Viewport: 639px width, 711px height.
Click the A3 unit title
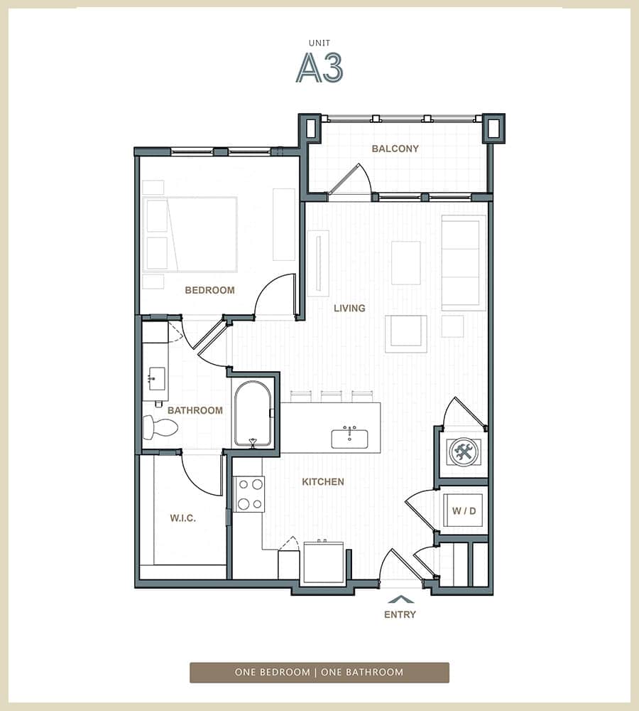pyautogui.click(x=319, y=68)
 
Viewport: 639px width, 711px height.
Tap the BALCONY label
pyautogui.click(x=395, y=149)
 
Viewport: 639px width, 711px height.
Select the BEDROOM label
pyautogui.click(x=209, y=290)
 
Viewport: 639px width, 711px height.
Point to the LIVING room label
pyautogui.click(x=350, y=308)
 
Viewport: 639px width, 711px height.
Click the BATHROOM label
pyautogui.click(x=195, y=410)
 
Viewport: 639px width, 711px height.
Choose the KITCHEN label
pyautogui.click(x=323, y=481)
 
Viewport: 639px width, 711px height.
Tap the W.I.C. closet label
pyautogui.click(x=182, y=518)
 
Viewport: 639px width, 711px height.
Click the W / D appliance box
pyautogui.click(x=463, y=510)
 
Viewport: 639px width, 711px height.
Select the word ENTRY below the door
pyautogui.click(x=400, y=614)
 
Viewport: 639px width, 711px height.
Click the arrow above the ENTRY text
pyautogui.click(x=400, y=599)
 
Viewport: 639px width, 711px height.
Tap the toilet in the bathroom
pyautogui.click(x=160, y=427)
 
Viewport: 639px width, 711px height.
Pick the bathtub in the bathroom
pyautogui.click(x=253, y=413)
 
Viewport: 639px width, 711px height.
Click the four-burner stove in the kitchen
pyautogui.click(x=249, y=494)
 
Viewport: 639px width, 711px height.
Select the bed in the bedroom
pyautogui.click(x=192, y=235)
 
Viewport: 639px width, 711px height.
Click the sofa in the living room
pyautogui.click(x=463, y=262)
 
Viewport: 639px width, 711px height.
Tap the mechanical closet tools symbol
pyautogui.click(x=464, y=451)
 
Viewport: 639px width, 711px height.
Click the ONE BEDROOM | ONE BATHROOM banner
pyautogui.click(x=319, y=672)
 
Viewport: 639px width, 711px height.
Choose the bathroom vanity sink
pyautogui.click(x=157, y=378)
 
